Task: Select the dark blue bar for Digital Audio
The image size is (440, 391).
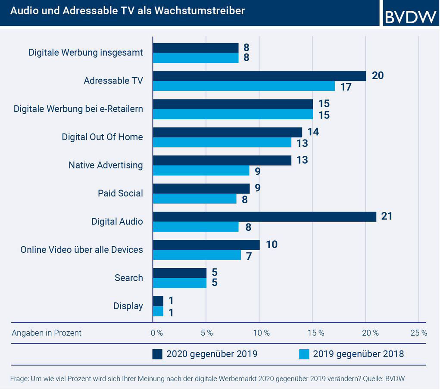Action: tap(264, 217)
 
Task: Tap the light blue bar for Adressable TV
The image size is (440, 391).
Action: tap(243, 86)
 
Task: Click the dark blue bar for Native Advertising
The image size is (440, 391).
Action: tap(222, 160)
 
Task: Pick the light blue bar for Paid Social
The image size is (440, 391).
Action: tap(195, 199)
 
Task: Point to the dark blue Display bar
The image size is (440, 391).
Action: tap(158, 301)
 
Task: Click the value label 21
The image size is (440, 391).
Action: tap(387, 216)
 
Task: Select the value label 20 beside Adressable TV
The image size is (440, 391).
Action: tap(378, 76)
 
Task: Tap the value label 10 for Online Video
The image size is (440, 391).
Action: tap(271, 245)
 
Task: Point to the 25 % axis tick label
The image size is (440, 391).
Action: tap(418, 333)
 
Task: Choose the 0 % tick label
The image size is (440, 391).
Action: tap(156, 333)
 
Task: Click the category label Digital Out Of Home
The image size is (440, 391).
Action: tap(102, 137)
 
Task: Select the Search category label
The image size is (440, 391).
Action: tap(128, 278)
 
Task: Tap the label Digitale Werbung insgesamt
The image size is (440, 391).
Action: tap(85, 53)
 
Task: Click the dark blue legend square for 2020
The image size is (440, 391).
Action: tap(157, 354)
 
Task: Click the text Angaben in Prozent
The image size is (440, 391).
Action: tap(47, 333)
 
